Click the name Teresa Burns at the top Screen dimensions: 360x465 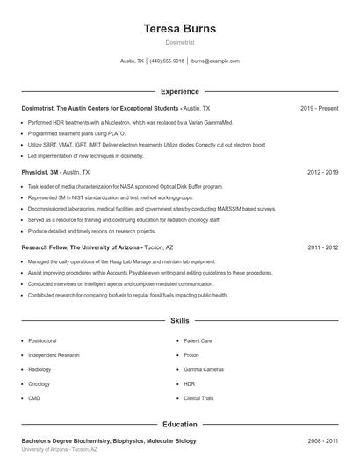[x=179, y=28]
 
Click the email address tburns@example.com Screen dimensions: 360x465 [x=214, y=61]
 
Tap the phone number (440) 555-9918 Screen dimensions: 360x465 [x=167, y=61]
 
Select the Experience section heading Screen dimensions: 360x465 [x=179, y=91]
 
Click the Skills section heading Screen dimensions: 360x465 [x=179, y=322]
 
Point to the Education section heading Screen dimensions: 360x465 [x=179, y=424]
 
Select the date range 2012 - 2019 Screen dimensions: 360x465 [x=322, y=172]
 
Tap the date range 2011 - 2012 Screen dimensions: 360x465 [x=322, y=247]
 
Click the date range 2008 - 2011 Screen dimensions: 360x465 [x=322, y=440]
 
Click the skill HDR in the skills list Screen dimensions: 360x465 [x=189, y=383]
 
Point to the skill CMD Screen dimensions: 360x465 [x=34, y=398]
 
